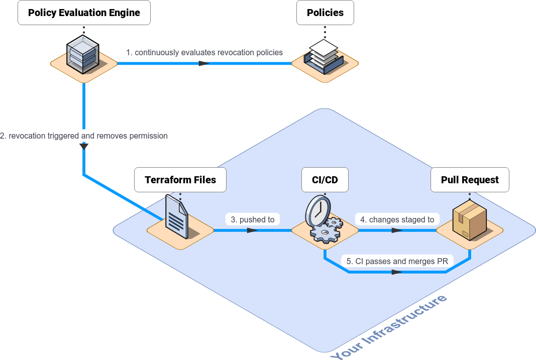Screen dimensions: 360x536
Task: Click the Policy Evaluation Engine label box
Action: pos(84,13)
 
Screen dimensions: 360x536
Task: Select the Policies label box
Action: pos(325,13)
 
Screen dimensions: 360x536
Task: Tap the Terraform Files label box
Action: pos(180,180)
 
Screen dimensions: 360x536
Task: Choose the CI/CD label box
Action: pos(325,180)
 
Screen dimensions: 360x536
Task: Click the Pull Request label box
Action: pos(470,180)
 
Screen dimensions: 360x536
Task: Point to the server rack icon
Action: pos(83,54)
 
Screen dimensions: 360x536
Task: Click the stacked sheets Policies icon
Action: pos(324,56)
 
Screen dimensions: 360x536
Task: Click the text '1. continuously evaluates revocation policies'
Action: pos(204,52)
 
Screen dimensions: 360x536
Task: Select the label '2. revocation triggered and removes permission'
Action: pos(84,136)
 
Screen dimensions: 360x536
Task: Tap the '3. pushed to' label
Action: pos(253,219)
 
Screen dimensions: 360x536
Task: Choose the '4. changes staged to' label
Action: pos(397,219)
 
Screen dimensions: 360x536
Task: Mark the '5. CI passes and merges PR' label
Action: pos(397,261)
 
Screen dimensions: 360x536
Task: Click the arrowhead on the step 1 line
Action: pos(204,64)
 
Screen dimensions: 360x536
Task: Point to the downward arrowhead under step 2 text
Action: pos(84,147)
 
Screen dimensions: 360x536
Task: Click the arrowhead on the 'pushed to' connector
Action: pos(252,230)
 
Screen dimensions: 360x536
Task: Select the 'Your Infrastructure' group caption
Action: pos(389,327)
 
